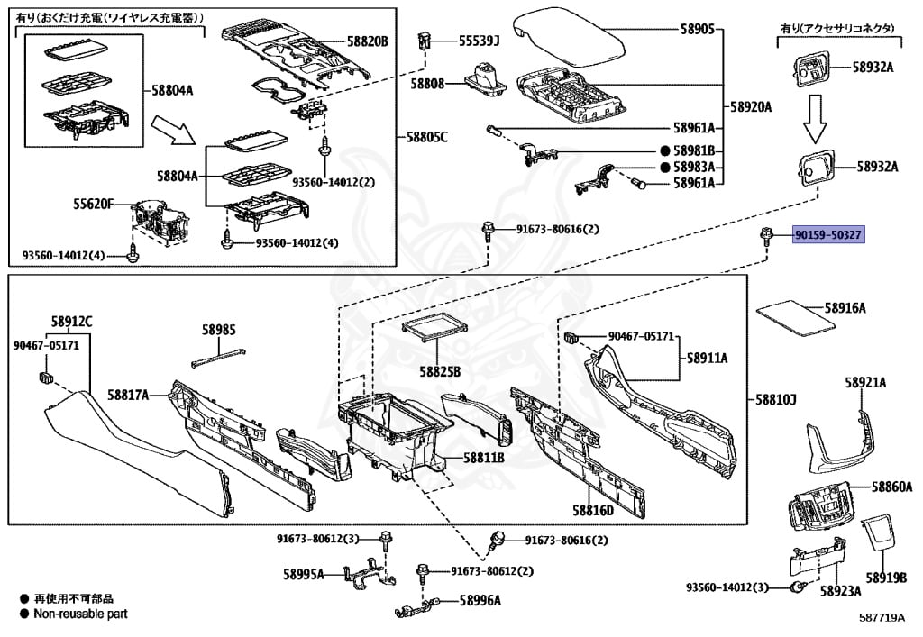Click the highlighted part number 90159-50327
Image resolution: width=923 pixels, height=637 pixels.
point(828,235)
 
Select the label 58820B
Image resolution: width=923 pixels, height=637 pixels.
point(368,41)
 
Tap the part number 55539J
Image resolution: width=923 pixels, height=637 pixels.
point(479,41)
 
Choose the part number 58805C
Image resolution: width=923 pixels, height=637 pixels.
point(427,138)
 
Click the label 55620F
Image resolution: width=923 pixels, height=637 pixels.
point(94,205)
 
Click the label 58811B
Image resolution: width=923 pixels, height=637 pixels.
point(484,458)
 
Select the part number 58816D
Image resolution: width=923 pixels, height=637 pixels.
point(593,510)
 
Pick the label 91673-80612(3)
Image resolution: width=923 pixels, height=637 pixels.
point(317,539)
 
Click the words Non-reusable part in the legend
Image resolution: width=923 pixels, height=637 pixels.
point(80,614)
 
